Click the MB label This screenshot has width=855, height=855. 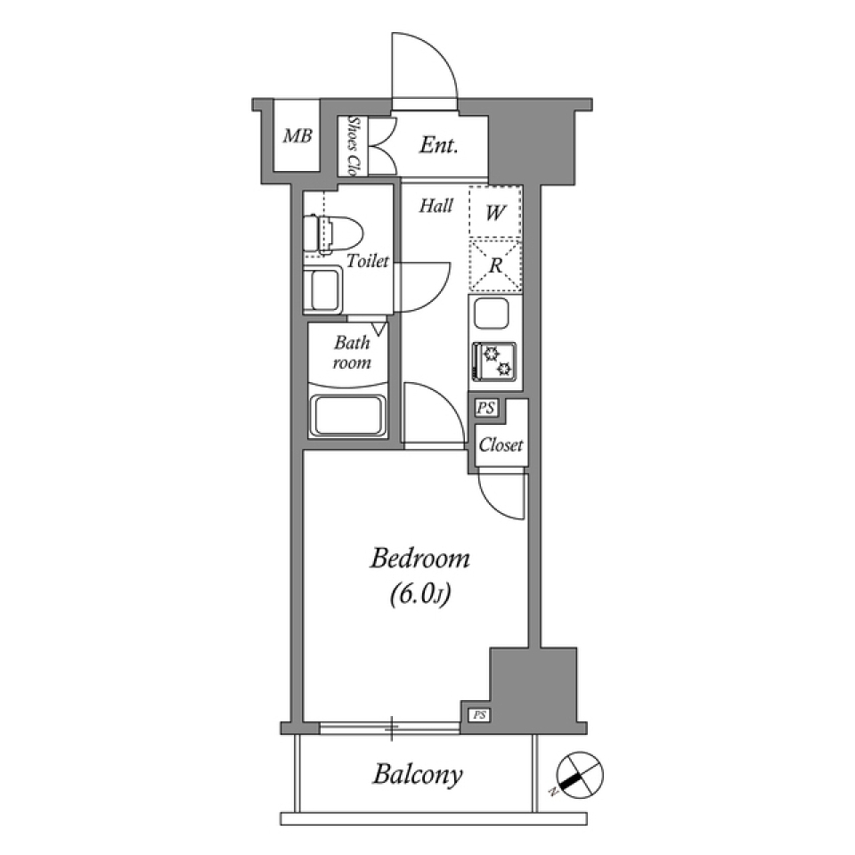(297, 136)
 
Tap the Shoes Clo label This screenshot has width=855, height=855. (353, 145)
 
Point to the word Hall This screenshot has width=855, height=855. (436, 207)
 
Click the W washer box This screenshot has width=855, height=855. (495, 212)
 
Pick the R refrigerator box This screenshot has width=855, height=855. (495, 265)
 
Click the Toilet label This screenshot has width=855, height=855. (368, 261)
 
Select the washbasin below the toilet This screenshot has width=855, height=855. (322, 290)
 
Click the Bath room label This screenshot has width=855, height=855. (352, 353)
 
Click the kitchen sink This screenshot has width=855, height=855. (492, 314)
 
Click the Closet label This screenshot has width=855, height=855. (501, 445)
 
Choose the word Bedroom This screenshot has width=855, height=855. (419, 559)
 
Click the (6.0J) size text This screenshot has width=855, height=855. (418, 595)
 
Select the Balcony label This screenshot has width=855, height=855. (418, 774)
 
